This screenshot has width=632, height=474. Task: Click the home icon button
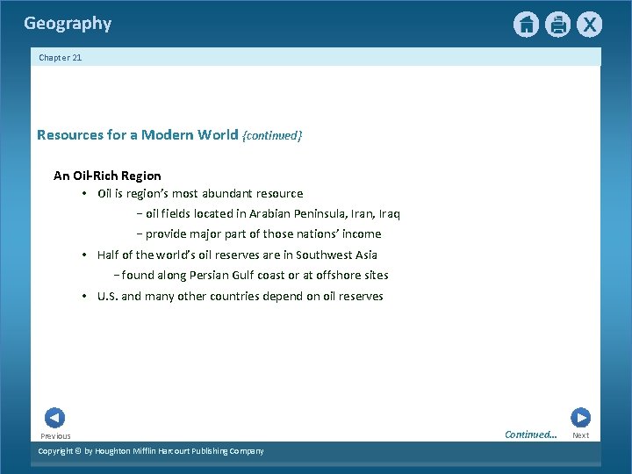(x=526, y=25)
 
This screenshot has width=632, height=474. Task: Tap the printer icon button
(x=557, y=25)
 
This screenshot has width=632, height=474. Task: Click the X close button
(x=589, y=25)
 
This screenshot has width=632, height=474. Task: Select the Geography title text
(x=68, y=24)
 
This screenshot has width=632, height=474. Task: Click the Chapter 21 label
(x=60, y=57)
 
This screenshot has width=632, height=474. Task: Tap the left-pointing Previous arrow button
(x=54, y=418)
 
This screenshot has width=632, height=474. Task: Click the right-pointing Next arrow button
(x=580, y=418)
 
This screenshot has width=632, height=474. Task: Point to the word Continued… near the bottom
(x=530, y=434)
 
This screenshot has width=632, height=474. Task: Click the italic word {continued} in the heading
(x=272, y=135)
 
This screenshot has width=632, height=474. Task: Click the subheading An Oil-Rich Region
(x=107, y=176)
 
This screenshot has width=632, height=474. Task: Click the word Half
(x=108, y=255)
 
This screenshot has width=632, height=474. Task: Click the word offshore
(x=338, y=275)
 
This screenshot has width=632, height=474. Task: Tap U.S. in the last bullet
(x=107, y=296)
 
